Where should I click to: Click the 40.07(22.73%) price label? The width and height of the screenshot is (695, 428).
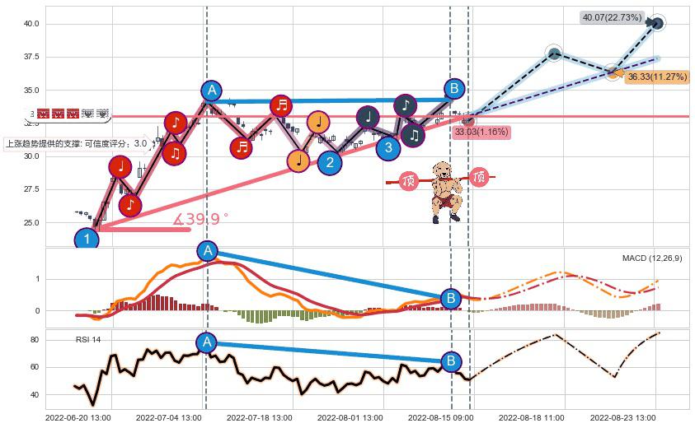(x=612, y=17)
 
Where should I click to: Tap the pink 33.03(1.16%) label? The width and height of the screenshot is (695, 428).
(x=481, y=131)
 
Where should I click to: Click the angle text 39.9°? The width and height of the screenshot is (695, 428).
(x=200, y=220)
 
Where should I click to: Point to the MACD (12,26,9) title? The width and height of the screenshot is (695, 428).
(x=651, y=258)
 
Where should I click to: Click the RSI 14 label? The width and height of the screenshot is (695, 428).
(x=88, y=339)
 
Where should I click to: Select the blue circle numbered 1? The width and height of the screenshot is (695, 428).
(x=87, y=240)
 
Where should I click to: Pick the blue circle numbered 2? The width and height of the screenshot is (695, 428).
(x=330, y=162)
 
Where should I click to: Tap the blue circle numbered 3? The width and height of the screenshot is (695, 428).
(x=388, y=147)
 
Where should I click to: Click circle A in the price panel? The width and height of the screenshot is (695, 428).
(x=211, y=91)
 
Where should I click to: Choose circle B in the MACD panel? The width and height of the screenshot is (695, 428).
(x=451, y=298)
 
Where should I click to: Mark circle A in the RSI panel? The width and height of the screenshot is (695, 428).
(x=207, y=342)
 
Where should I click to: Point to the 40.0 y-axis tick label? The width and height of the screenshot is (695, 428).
(x=31, y=25)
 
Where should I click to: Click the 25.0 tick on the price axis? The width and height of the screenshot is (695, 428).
(x=31, y=223)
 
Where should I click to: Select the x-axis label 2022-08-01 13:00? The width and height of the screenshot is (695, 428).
(x=349, y=418)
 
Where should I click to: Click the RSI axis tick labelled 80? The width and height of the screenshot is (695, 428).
(x=35, y=340)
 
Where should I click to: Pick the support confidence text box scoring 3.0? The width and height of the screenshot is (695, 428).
(x=76, y=143)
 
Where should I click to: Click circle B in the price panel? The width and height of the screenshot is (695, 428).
(x=453, y=89)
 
